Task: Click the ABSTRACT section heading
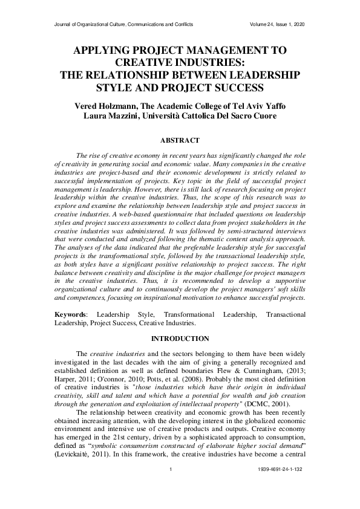(x=179, y=140)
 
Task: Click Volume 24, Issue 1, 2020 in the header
(x=277, y=24)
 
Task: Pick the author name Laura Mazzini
(x=108, y=116)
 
